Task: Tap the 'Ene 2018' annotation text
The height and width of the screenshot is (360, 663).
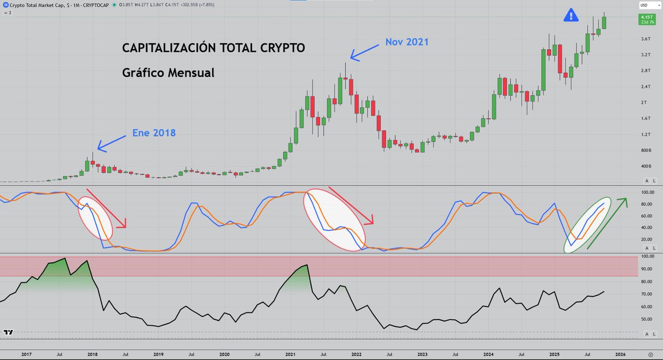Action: pyautogui.click(x=154, y=133)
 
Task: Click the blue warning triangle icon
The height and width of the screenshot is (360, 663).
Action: pyautogui.click(x=571, y=15)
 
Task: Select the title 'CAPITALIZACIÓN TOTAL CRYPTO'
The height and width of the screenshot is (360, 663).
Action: pyautogui.click(x=213, y=48)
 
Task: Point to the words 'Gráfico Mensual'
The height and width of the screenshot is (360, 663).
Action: pyautogui.click(x=168, y=72)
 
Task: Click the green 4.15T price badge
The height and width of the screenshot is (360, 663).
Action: pyautogui.click(x=645, y=19)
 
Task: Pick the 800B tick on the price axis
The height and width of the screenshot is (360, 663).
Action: pyautogui.click(x=645, y=150)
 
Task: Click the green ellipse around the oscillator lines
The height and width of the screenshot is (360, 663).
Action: pyautogui.click(x=590, y=224)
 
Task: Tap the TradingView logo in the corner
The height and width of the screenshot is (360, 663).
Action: pyautogui.click(x=8, y=332)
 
